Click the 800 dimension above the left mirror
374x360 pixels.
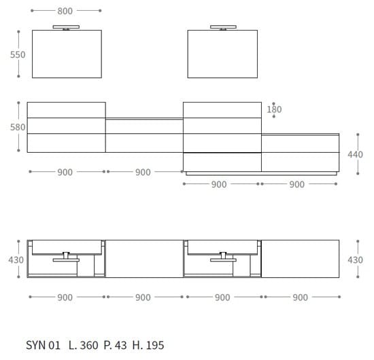pyautogui.click(x=65, y=11)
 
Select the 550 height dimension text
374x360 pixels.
pyautogui.click(x=17, y=54)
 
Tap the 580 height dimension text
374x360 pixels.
pyautogui.click(x=17, y=127)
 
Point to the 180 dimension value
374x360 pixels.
pyautogui.click(x=274, y=109)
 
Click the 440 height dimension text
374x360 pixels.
pyautogui.click(x=355, y=154)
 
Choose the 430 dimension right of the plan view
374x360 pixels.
pyautogui.click(x=355, y=259)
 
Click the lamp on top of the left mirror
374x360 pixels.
pyautogui.click(x=66, y=28)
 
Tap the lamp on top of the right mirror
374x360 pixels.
pyautogui.click(x=223, y=28)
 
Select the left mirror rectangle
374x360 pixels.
pyautogui.click(x=66, y=54)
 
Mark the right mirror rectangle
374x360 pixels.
pyautogui.click(x=223, y=54)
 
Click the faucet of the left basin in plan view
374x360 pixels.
pyautogui.click(x=66, y=257)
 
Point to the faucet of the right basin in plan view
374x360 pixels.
pyautogui.click(x=222, y=257)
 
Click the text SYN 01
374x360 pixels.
pyautogui.click(x=44, y=345)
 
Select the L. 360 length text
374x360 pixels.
pyautogui.click(x=83, y=345)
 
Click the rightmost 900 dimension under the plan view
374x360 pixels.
pyautogui.click(x=300, y=297)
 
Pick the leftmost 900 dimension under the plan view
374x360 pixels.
pyautogui.click(x=65, y=297)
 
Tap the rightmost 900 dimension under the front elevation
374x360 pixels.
pyautogui.click(x=297, y=184)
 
